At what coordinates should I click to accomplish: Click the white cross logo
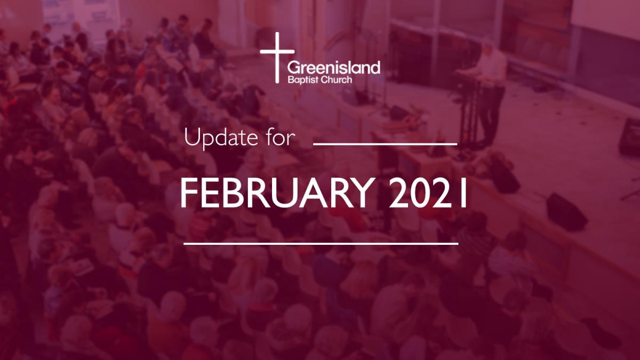[277, 58]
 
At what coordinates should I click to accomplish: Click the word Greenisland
[334, 68]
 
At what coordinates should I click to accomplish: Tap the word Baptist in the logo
[302, 80]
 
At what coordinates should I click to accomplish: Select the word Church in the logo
[336, 79]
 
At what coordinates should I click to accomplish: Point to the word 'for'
[281, 138]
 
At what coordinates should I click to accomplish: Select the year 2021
[428, 193]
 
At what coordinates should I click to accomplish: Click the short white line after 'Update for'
[385, 145]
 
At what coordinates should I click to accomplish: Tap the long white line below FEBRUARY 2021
[321, 244]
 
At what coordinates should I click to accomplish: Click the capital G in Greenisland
[293, 68]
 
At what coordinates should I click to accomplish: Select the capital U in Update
[193, 138]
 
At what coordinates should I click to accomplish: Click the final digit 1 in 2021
[463, 193]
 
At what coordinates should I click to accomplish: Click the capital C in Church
[323, 80]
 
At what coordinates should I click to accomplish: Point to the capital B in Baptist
[291, 80]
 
